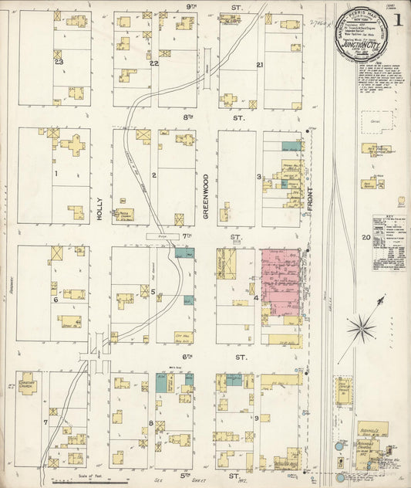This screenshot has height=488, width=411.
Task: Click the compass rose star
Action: pos(361,330)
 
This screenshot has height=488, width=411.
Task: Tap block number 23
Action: pos(58,62)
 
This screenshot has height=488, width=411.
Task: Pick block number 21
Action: pos(260,65)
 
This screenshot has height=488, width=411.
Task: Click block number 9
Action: pos(257,418)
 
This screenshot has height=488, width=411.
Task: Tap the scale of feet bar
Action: pos(89,480)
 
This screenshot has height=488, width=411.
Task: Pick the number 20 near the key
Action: pos(365,238)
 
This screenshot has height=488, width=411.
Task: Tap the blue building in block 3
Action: pos(291,146)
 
